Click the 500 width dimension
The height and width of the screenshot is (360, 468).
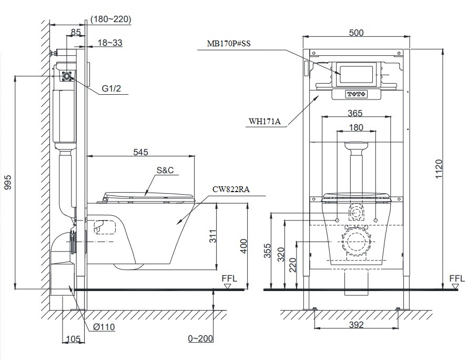pyautogui.click(x=356, y=33)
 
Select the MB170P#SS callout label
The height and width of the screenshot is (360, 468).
pyautogui.click(x=229, y=45)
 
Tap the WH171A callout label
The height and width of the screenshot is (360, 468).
pyautogui.click(x=265, y=122)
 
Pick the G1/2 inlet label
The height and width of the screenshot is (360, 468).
pyautogui.click(x=111, y=89)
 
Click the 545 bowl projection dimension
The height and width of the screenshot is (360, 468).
pyautogui.click(x=140, y=152)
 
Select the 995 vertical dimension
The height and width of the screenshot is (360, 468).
pyautogui.click(x=7, y=182)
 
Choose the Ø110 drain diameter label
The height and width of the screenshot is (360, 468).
pyautogui.click(x=104, y=327)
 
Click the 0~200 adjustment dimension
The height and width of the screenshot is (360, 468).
pyautogui.click(x=201, y=338)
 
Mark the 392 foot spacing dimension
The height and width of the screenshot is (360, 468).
pyautogui.click(x=356, y=325)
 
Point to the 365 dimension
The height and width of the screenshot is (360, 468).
pyautogui.click(x=356, y=112)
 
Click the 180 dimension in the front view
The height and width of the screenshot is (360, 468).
pyautogui.click(x=356, y=127)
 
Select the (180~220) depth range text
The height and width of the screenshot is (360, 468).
pyautogui.click(x=111, y=19)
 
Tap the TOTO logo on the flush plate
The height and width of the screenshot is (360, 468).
pyautogui.click(x=356, y=94)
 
